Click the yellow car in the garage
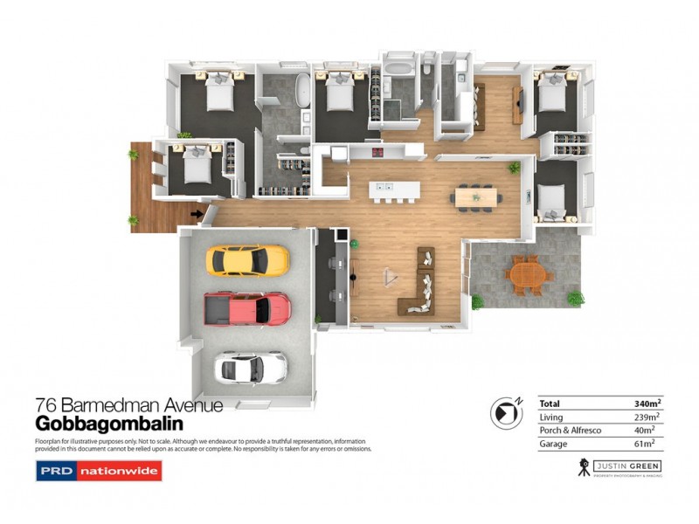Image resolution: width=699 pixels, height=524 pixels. [x=247, y=259]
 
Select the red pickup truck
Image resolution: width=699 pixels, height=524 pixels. [x=247, y=307]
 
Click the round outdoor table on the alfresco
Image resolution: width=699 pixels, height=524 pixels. [x=529, y=278]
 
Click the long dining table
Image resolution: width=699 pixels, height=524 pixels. [x=476, y=196]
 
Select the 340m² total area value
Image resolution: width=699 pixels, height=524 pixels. [x=647, y=403]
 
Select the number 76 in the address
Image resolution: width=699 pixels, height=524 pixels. [x=46, y=405]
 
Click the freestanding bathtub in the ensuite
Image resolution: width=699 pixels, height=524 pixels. [x=301, y=92]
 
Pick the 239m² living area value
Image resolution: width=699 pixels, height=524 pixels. [x=647, y=417]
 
